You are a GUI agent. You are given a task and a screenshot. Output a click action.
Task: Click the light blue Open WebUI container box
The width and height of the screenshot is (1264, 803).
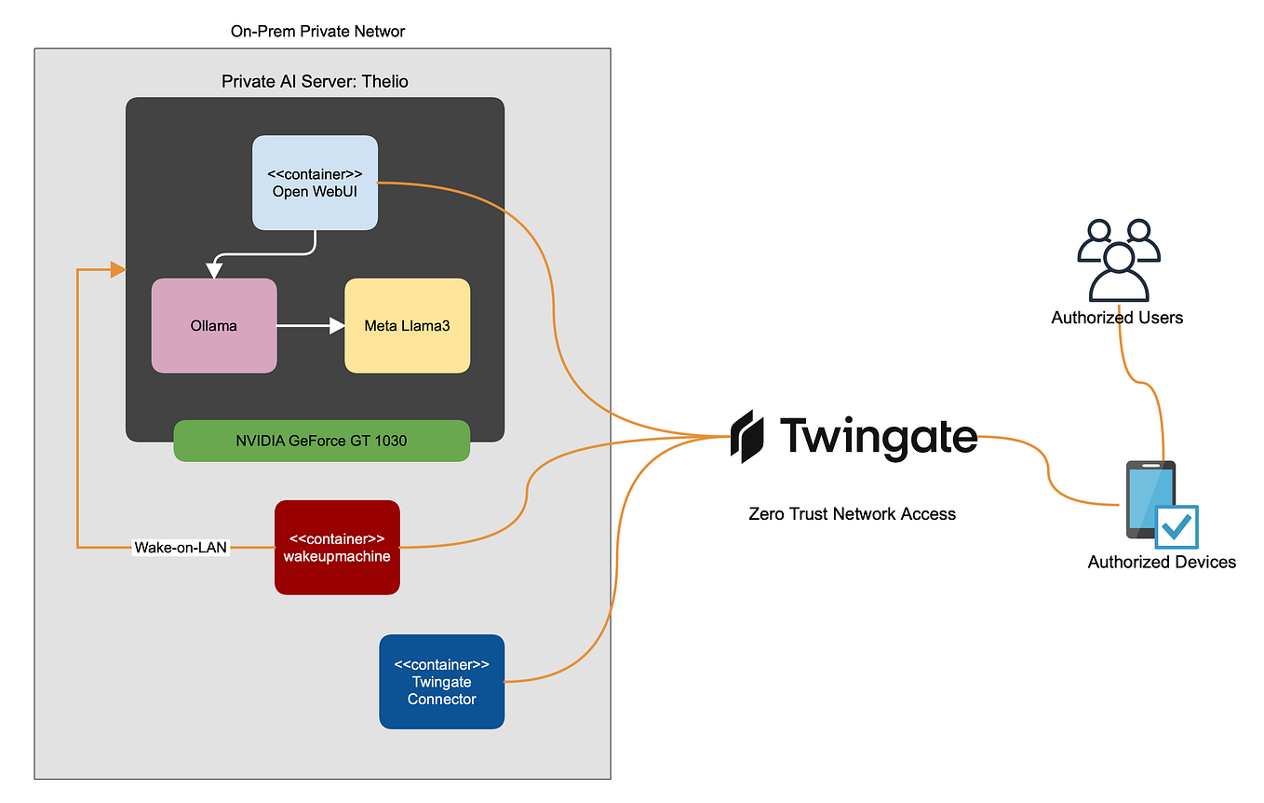point(315,183)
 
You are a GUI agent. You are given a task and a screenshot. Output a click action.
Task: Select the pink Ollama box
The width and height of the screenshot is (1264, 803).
point(214,325)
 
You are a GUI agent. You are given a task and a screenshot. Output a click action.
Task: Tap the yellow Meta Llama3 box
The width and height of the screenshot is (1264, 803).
point(407,325)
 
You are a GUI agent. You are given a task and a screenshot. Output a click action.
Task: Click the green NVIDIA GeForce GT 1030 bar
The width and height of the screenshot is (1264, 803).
point(321,441)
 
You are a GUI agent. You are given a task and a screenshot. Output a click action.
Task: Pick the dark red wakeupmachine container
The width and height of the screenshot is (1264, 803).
point(337,547)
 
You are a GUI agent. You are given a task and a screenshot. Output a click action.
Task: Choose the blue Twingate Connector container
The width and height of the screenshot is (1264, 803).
point(441,681)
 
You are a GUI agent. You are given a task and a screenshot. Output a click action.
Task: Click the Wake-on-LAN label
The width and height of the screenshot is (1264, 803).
point(182,547)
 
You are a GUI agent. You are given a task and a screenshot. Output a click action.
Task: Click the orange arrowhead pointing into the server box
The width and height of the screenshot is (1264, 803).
point(118,270)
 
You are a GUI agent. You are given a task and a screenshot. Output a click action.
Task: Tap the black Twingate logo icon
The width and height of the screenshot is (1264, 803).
point(748,436)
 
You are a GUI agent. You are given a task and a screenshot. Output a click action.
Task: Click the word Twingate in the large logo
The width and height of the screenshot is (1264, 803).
point(878,436)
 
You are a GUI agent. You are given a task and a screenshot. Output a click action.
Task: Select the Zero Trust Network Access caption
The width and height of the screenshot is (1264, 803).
point(852,513)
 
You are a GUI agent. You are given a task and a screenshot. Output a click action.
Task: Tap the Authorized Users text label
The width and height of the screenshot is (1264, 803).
point(1117,318)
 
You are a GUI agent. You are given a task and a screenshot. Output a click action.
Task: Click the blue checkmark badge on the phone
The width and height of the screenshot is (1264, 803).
point(1177,527)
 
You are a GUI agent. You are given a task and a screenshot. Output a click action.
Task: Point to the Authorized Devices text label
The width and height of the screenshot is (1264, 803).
point(1162,562)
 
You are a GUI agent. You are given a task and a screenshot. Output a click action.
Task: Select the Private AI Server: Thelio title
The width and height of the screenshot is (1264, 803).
point(315,81)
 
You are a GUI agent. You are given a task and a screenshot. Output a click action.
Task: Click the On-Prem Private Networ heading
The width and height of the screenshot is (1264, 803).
point(317,32)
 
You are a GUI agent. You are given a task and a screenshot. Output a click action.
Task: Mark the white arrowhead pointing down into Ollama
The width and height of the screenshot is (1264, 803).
point(214,271)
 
